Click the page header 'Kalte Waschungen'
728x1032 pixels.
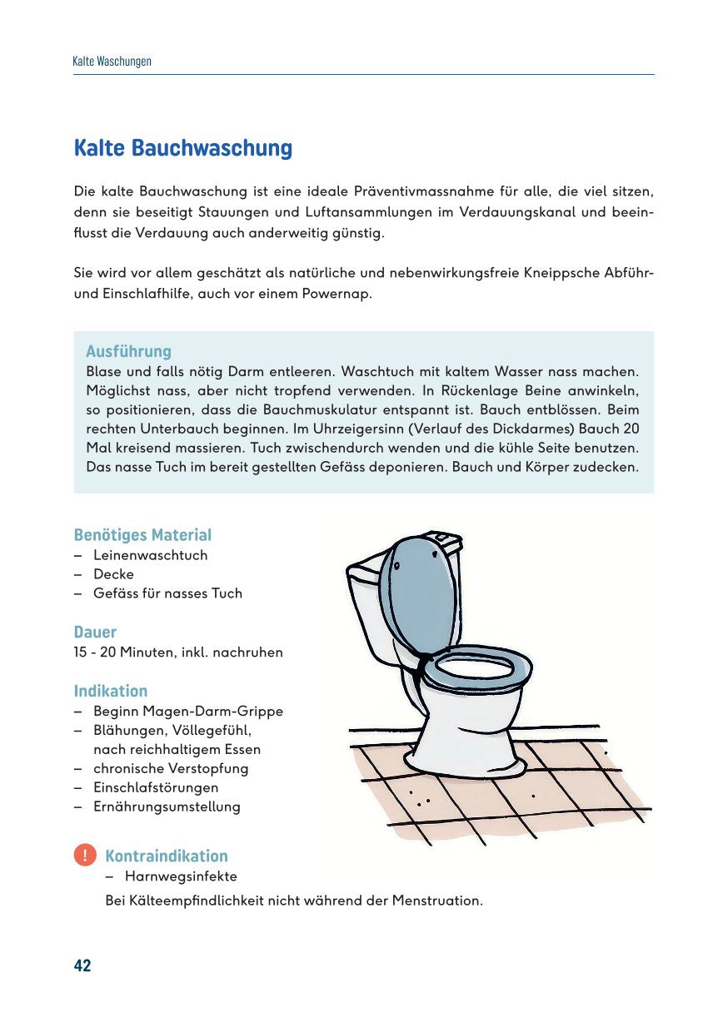[x=112, y=62]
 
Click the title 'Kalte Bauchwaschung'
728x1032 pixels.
[x=183, y=149]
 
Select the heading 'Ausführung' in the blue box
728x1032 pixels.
[x=128, y=351]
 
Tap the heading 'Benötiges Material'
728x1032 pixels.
[x=142, y=535]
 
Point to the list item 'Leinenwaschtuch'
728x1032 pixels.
[x=150, y=555]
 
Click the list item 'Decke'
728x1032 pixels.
[x=113, y=574]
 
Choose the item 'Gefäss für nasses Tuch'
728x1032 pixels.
[x=167, y=593]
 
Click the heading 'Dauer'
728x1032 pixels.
[x=95, y=633]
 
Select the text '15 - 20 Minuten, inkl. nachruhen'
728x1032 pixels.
[x=178, y=652]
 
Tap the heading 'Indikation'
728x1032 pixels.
[x=111, y=692]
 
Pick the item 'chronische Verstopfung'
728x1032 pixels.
[x=171, y=768]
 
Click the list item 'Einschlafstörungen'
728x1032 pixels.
[x=156, y=787]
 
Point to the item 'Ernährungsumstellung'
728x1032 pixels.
[x=167, y=806]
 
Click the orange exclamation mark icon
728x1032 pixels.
[x=84, y=856]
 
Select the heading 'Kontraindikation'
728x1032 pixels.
[x=166, y=856]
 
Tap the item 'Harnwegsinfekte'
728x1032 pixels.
[x=181, y=876]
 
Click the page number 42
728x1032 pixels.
[x=82, y=965]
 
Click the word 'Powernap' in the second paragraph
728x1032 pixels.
[x=341, y=294]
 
